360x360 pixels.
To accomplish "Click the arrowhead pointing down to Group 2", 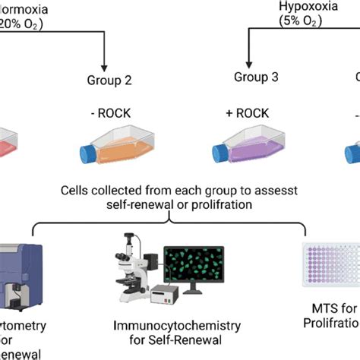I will tap(106, 62).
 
